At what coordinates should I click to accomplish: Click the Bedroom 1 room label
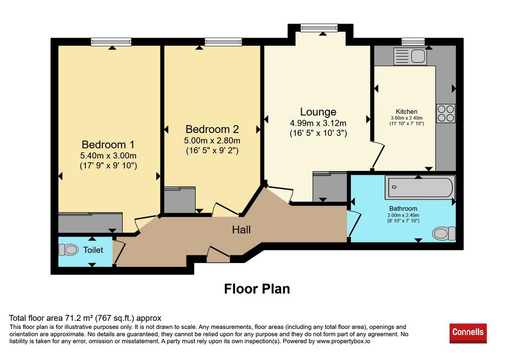coord(108,145)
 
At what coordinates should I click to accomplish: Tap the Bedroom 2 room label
coord(212,129)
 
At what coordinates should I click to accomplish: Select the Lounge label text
coord(318,112)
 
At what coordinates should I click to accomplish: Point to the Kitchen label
coord(407,111)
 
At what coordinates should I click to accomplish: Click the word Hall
coord(241,229)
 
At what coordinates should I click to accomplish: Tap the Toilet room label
coord(93,250)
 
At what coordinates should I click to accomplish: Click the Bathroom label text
coord(403,208)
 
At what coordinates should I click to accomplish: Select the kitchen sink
coord(410,56)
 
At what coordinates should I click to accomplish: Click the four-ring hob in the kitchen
coord(446,113)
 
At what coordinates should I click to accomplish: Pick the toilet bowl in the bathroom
coord(444,233)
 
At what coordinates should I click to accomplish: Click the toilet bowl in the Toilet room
coord(68,250)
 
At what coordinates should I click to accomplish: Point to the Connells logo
coord(468,333)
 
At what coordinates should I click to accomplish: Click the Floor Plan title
coord(257,289)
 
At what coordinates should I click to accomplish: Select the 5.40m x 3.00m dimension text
coord(108,156)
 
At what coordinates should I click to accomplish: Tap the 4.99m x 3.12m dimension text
coord(318,124)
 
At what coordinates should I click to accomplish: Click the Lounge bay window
coord(319,28)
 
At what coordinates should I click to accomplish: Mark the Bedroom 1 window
coord(111,42)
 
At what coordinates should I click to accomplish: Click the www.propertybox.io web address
coord(343,341)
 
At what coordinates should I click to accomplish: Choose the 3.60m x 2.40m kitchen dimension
coord(407,118)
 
